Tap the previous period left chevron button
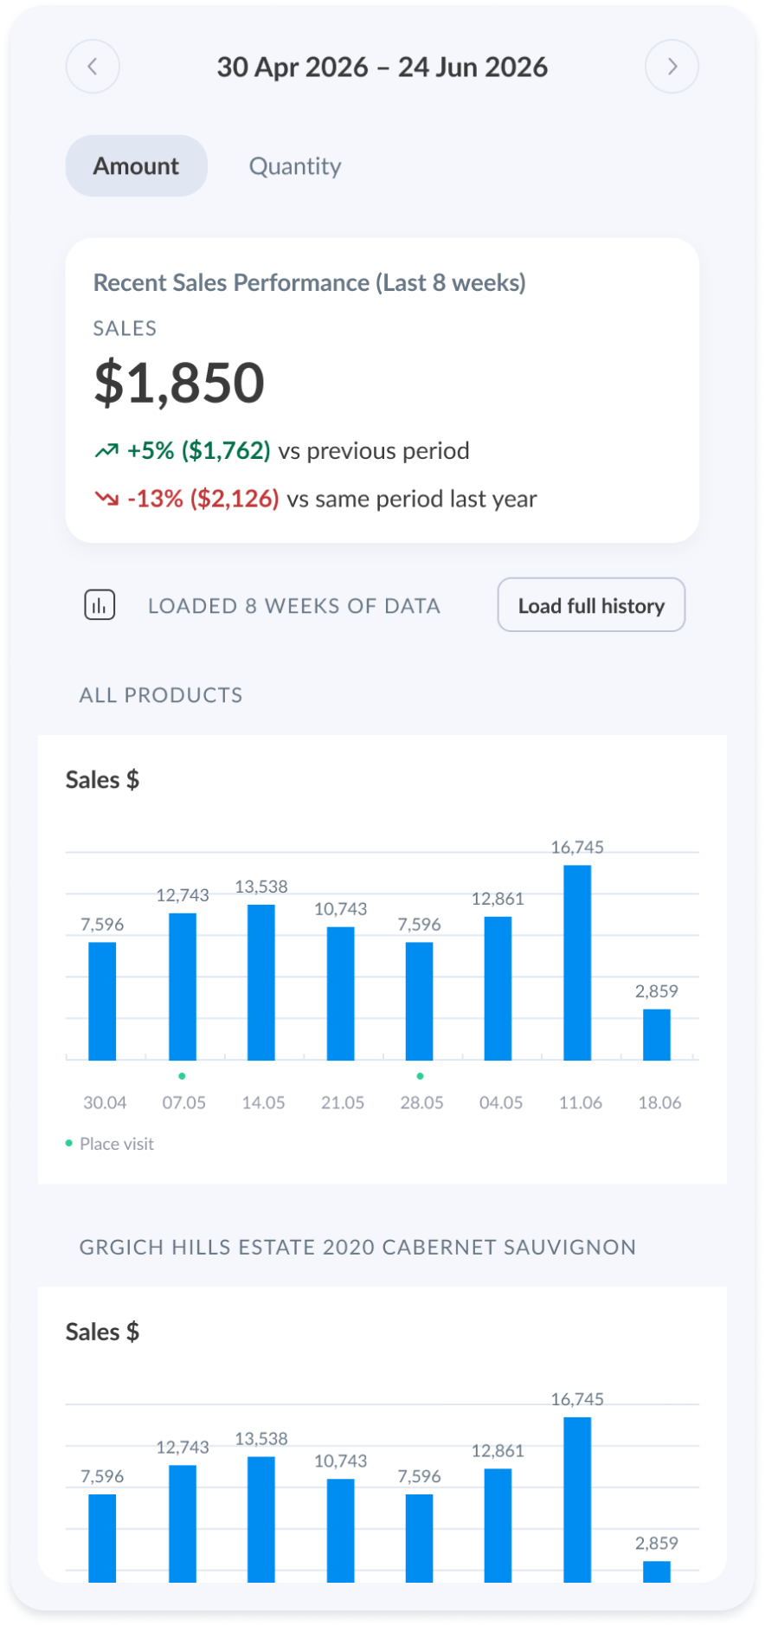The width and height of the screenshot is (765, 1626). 93,67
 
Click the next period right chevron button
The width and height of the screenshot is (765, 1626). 672,67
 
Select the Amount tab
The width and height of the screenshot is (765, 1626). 137,165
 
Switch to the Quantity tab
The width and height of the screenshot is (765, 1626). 295,165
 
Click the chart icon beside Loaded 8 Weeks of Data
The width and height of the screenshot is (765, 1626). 100,605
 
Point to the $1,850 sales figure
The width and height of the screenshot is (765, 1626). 179,383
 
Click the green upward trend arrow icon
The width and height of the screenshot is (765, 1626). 106,450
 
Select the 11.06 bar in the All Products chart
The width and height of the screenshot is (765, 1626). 577,963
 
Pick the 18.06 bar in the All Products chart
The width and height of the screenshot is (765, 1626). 657,1035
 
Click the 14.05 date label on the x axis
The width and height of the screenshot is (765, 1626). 263,1102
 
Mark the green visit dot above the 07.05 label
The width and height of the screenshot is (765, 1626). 182,1076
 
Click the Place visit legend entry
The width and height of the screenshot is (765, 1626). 110,1144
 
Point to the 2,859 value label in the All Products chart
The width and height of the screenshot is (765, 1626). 657,991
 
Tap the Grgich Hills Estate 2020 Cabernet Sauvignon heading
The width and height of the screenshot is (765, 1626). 358,1247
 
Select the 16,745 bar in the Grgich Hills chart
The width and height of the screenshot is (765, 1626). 577,1500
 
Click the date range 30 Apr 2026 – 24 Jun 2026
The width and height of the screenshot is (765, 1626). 382,67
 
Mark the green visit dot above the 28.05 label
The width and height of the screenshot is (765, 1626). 421,1076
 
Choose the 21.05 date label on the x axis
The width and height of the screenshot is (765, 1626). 343,1102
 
